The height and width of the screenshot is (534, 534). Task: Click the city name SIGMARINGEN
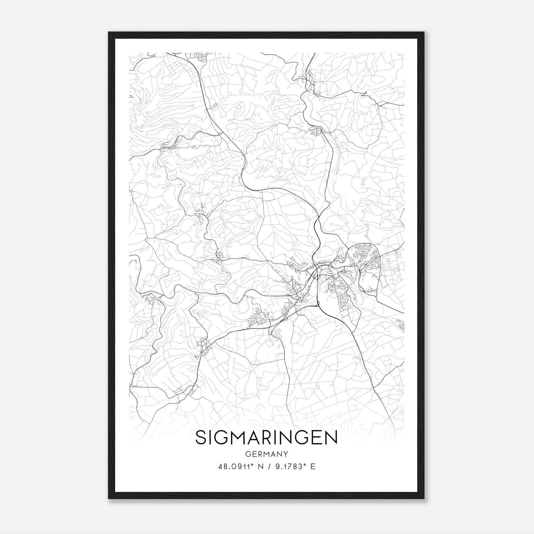[x=266, y=437]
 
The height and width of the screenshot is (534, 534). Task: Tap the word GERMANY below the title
[x=266, y=454]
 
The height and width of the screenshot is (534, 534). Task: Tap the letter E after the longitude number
[x=313, y=467]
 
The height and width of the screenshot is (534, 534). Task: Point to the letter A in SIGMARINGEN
[x=254, y=437]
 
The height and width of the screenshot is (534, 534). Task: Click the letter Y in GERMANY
[x=285, y=454]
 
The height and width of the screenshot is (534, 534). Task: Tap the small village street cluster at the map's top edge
[x=202, y=57]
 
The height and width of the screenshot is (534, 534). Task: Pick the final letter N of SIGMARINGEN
[x=331, y=437]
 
